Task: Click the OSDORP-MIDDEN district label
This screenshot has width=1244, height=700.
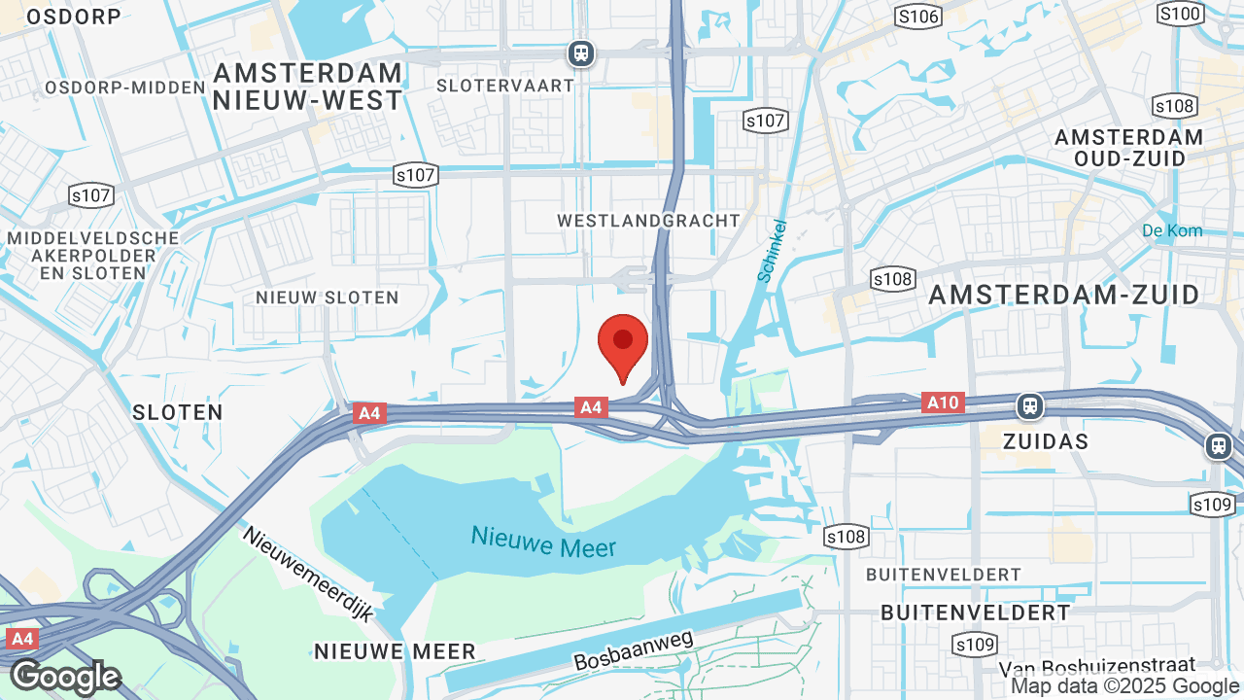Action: click(x=125, y=87)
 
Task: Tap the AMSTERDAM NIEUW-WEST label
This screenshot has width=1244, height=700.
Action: click(x=307, y=87)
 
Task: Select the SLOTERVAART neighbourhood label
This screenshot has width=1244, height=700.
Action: click(x=505, y=86)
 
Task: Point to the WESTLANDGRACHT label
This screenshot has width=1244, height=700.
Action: click(x=648, y=221)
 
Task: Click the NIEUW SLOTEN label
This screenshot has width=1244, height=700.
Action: click(x=327, y=297)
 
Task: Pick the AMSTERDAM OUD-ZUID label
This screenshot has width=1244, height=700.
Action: click(x=1129, y=148)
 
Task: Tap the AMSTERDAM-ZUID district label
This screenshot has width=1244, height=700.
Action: click(x=1064, y=296)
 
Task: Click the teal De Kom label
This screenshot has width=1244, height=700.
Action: click(x=1172, y=230)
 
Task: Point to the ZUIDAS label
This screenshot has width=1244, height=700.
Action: click(x=1045, y=440)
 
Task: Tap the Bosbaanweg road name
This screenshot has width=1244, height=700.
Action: click(x=633, y=649)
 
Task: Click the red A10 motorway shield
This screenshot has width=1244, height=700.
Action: click(x=943, y=402)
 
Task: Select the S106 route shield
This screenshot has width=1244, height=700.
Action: click(x=918, y=16)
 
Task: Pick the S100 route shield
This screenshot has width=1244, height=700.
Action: click(x=1181, y=14)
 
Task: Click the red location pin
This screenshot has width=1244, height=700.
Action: click(x=623, y=346)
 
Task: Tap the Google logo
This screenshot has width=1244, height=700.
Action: click(x=65, y=678)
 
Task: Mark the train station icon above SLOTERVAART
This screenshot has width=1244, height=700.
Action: click(x=581, y=52)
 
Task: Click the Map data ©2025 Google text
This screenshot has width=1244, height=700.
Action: click(x=1125, y=686)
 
